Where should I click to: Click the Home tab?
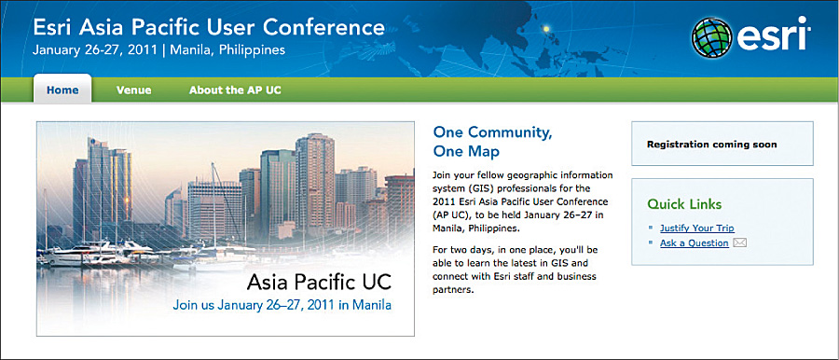62,90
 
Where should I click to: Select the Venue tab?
134,90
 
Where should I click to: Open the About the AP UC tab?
235,90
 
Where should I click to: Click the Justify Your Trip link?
697,228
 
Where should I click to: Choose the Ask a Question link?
694,243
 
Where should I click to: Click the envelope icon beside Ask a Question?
740,243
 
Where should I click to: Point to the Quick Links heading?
684,204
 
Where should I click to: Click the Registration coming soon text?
711,145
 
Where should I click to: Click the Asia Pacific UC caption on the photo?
319,281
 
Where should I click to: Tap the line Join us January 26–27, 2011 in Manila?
282,304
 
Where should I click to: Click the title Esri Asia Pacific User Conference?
208,26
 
